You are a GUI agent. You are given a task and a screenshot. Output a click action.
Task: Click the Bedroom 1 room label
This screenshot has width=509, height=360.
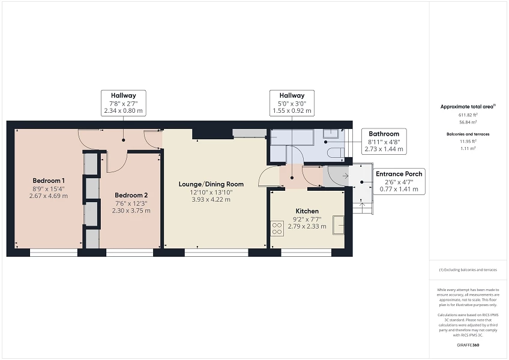pyautogui.click(x=49, y=181)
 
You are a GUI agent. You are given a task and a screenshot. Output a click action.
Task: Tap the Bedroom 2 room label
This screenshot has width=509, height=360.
pyautogui.click(x=131, y=195)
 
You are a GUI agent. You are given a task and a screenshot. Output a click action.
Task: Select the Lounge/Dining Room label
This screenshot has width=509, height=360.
pyautogui.click(x=211, y=184)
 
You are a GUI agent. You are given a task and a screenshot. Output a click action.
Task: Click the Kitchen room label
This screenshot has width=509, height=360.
pyautogui.click(x=307, y=211)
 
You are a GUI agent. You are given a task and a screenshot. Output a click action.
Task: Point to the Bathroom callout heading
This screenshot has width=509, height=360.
pyautogui.click(x=384, y=134)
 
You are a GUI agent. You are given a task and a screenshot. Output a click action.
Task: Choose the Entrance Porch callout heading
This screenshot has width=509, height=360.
pyautogui.click(x=399, y=173)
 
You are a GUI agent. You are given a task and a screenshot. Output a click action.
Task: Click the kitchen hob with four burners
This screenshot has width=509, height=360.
pyautogui.click(x=277, y=228)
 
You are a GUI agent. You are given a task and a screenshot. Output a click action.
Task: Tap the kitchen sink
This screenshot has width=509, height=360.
pyautogui.click(x=339, y=224)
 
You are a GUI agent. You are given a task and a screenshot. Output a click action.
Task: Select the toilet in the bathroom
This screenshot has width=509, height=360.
pyautogui.click(x=336, y=153)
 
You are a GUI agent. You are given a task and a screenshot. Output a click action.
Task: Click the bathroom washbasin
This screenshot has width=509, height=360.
pyautogui.click(x=331, y=134)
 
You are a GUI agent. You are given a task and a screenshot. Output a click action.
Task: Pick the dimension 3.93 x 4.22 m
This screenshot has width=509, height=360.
pyautogui.click(x=211, y=200)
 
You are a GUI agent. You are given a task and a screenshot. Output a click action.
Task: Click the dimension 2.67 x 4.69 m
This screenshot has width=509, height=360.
pyautogui.click(x=49, y=196)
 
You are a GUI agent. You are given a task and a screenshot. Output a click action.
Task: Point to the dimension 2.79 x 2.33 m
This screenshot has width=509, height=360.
pyautogui.click(x=307, y=226)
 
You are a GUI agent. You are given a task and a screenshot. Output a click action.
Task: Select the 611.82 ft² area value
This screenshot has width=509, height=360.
pyautogui.click(x=468, y=115)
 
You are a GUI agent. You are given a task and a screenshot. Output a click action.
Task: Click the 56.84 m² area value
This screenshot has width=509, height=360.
pyautogui.click(x=468, y=122)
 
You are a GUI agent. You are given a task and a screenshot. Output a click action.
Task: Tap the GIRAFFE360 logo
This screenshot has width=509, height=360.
pyautogui.click(x=468, y=345)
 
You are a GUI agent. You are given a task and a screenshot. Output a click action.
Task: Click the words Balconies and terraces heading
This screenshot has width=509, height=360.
pyautogui.click(x=468, y=134)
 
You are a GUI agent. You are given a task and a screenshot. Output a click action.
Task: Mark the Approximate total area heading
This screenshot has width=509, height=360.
pyautogui.click(x=468, y=106)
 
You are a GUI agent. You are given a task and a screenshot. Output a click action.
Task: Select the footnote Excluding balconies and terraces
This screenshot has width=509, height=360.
pyautogui.click(x=468, y=270)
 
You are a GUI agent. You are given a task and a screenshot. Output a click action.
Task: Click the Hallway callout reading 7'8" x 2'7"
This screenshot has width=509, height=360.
pyautogui.click(x=124, y=103)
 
